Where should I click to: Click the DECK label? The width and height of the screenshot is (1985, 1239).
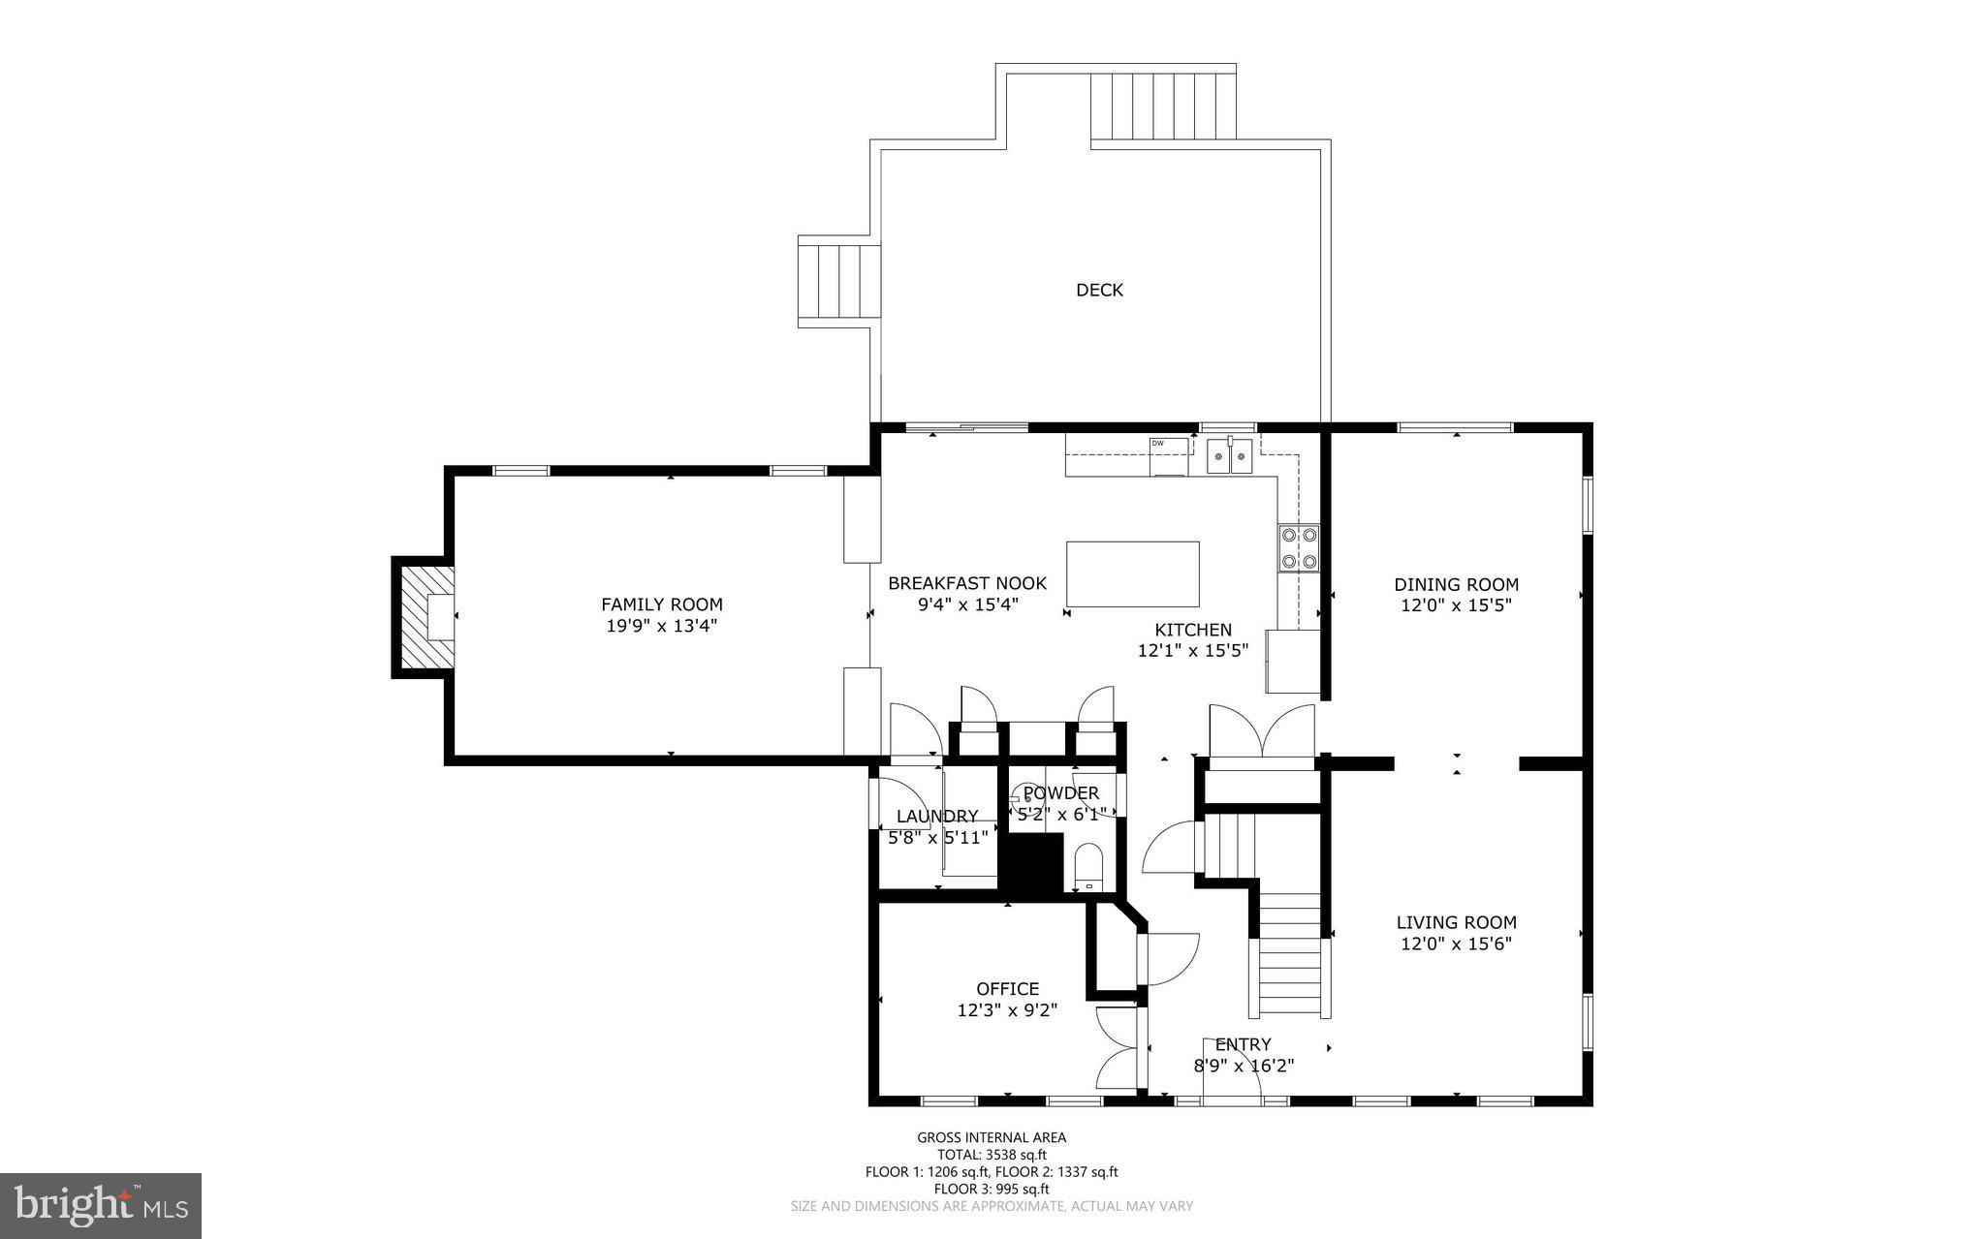[x=1099, y=290]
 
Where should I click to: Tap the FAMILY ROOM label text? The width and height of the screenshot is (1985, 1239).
[x=661, y=604]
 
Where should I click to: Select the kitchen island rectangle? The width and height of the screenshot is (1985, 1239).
[x=1132, y=573]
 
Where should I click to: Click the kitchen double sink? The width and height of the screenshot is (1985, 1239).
[x=1229, y=455]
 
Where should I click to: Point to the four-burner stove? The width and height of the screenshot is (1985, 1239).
[x=1299, y=547]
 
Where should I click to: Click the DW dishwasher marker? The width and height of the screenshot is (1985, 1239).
[x=1157, y=444]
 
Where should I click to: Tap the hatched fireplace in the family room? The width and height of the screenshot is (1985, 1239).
[x=424, y=617]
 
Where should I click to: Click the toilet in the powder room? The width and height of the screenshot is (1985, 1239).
[x=1089, y=865]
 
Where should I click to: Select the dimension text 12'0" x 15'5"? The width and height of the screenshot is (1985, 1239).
[x=1456, y=605]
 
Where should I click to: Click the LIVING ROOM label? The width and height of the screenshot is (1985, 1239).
[x=1456, y=922]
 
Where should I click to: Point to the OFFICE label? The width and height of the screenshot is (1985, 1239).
[x=1007, y=988]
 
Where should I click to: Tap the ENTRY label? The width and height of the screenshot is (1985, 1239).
[x=1243, y=1044]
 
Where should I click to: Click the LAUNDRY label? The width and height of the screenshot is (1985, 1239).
[x=936, y=816]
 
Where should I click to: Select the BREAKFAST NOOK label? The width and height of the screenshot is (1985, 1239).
[x=966, y=583]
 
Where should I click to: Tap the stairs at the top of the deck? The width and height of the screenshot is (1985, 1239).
[x=1163, y=107]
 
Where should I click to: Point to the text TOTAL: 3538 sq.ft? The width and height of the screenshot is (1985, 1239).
[x=992, y=1155]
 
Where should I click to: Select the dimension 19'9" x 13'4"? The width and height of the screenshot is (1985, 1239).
[x=661, y=626]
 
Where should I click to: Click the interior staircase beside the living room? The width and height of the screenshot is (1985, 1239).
[x=1289, y=954]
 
